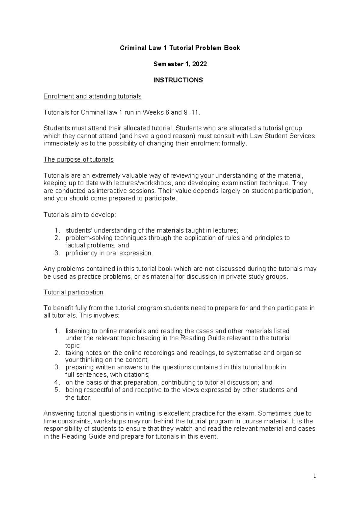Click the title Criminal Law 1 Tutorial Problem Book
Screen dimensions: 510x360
(180, 48)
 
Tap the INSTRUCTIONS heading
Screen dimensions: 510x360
(178, 80)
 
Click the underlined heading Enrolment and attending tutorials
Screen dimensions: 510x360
(92, 97)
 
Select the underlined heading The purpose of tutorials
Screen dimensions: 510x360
(79, 160)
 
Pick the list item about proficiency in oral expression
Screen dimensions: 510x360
(109, 253)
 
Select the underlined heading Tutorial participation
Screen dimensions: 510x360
(73, 292)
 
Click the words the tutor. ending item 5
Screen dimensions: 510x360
(78, 398)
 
